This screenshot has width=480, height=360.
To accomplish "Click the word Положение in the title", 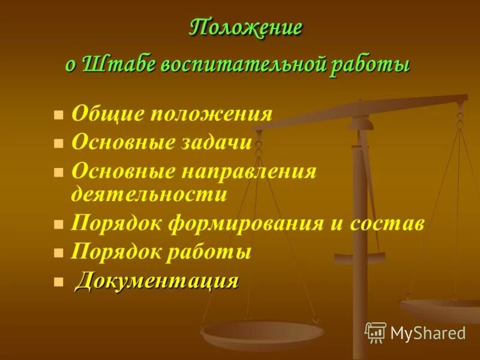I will point(246,28).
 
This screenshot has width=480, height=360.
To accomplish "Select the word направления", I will point(247,171).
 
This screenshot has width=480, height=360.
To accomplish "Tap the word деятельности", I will point(149,194).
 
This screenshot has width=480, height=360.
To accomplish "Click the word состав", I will point(383,224).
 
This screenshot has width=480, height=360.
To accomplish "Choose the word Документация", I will point(157,280).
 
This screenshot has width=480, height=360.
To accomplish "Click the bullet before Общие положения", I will point(58,115).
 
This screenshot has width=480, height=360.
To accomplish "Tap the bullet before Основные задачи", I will point(58,143).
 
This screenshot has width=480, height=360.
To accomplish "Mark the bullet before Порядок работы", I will point(58,253).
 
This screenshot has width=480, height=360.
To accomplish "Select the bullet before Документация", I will point(58,281).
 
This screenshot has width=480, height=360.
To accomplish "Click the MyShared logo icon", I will point(376,332).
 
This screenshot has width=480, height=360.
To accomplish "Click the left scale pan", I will point(262,333).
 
